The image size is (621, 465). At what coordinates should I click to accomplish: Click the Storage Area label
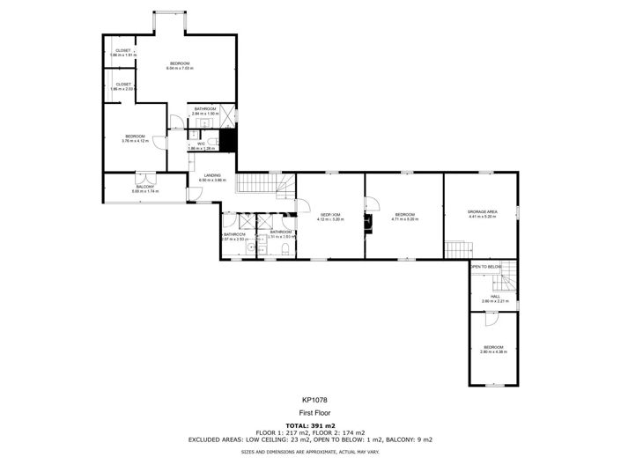coord(482,212)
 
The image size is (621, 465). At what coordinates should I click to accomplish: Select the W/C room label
coord(201,144)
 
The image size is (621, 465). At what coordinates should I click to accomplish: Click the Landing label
coord(212,175)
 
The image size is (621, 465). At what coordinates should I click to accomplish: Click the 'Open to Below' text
coord(485,266)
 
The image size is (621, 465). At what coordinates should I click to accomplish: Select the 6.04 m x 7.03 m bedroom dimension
coord(180,67)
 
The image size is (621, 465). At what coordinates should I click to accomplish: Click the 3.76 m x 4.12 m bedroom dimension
coord(134,140)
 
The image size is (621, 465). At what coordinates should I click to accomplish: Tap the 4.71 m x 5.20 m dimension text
coord(405,218)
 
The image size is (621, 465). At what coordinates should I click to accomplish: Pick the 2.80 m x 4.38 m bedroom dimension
coord(492,351)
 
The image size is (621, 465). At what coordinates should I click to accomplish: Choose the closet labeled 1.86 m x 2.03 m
coord(122,89)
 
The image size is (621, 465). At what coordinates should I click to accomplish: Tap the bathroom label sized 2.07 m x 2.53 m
coord(234,239)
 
